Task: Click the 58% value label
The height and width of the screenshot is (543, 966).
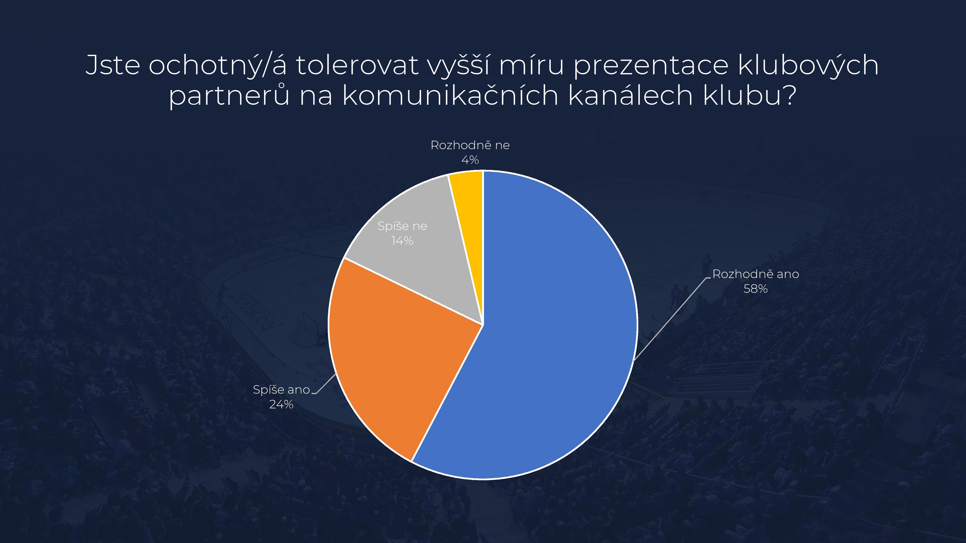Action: click(756, 289)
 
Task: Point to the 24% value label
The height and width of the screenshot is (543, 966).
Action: click(281, 404)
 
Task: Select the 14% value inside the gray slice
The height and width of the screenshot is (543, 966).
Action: click(402, 241)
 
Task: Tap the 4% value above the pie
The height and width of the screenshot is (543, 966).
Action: click(470, 160)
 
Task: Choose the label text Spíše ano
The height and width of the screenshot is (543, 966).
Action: click(282, 390)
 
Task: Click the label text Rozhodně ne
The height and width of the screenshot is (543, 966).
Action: click(470, 145)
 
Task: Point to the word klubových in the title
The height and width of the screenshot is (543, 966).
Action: click(809, 66)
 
